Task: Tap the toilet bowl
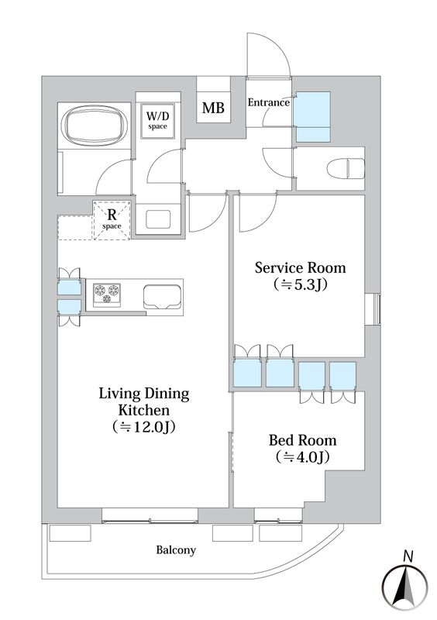pyautogui.click(x=346, y=168)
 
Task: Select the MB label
pyautogui.click(x=213, y=108)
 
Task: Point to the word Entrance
pyautogui.click(x=269, y=102)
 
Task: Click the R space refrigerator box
pyautogui.click(x=112, y=220)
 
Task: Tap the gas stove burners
pyautogui.click(x=107, y=294)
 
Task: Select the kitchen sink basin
pyautogui.click(x=163, y=297)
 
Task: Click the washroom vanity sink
pyautogui.click(x=158, y=219)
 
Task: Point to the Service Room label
pyautogui.click(x=300, y=267)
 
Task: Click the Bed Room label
pyautogui.click(x=302, y=440)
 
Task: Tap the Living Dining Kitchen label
pyautogui.click(x=144, y=401)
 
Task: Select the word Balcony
pyautogui.click(x=176, y=550)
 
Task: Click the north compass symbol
pyautogui.click(x=404, y=585)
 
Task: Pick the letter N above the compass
pyautogui.click(x=408, y=556)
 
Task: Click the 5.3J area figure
pyautogui.click(x=300, y=284)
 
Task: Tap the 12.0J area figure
pyautogui.click(x=143, y=427)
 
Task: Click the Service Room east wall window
pyautogui.click(x=373, y=309)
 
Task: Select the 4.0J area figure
pyautogui.click(x=302, y=457)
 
